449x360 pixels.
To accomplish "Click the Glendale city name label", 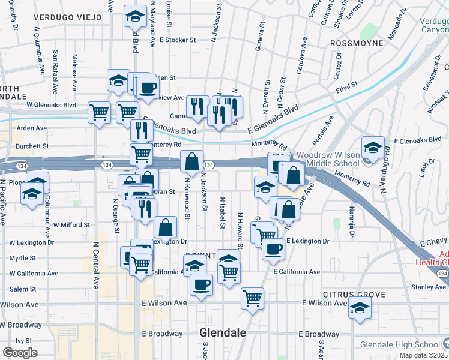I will pos(222,333).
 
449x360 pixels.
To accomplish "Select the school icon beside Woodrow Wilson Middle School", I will pos(373,148).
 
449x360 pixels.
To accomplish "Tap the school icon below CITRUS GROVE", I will pos(360,308).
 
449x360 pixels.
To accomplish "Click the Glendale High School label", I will pos(400,344).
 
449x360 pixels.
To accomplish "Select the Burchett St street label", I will pos(32,146).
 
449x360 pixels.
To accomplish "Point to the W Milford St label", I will pos(71,224).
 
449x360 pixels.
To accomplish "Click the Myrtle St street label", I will pos(23,258).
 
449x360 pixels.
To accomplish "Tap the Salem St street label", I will pos(23,289).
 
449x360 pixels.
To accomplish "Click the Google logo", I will pos(20,352).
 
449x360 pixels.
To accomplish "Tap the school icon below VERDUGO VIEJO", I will pos(136,17).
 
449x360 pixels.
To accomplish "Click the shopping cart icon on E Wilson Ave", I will pos(253,298).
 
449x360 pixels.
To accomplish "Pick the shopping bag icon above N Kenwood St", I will pos(191,161).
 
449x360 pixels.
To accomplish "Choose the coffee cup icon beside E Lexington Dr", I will pos(273,249).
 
